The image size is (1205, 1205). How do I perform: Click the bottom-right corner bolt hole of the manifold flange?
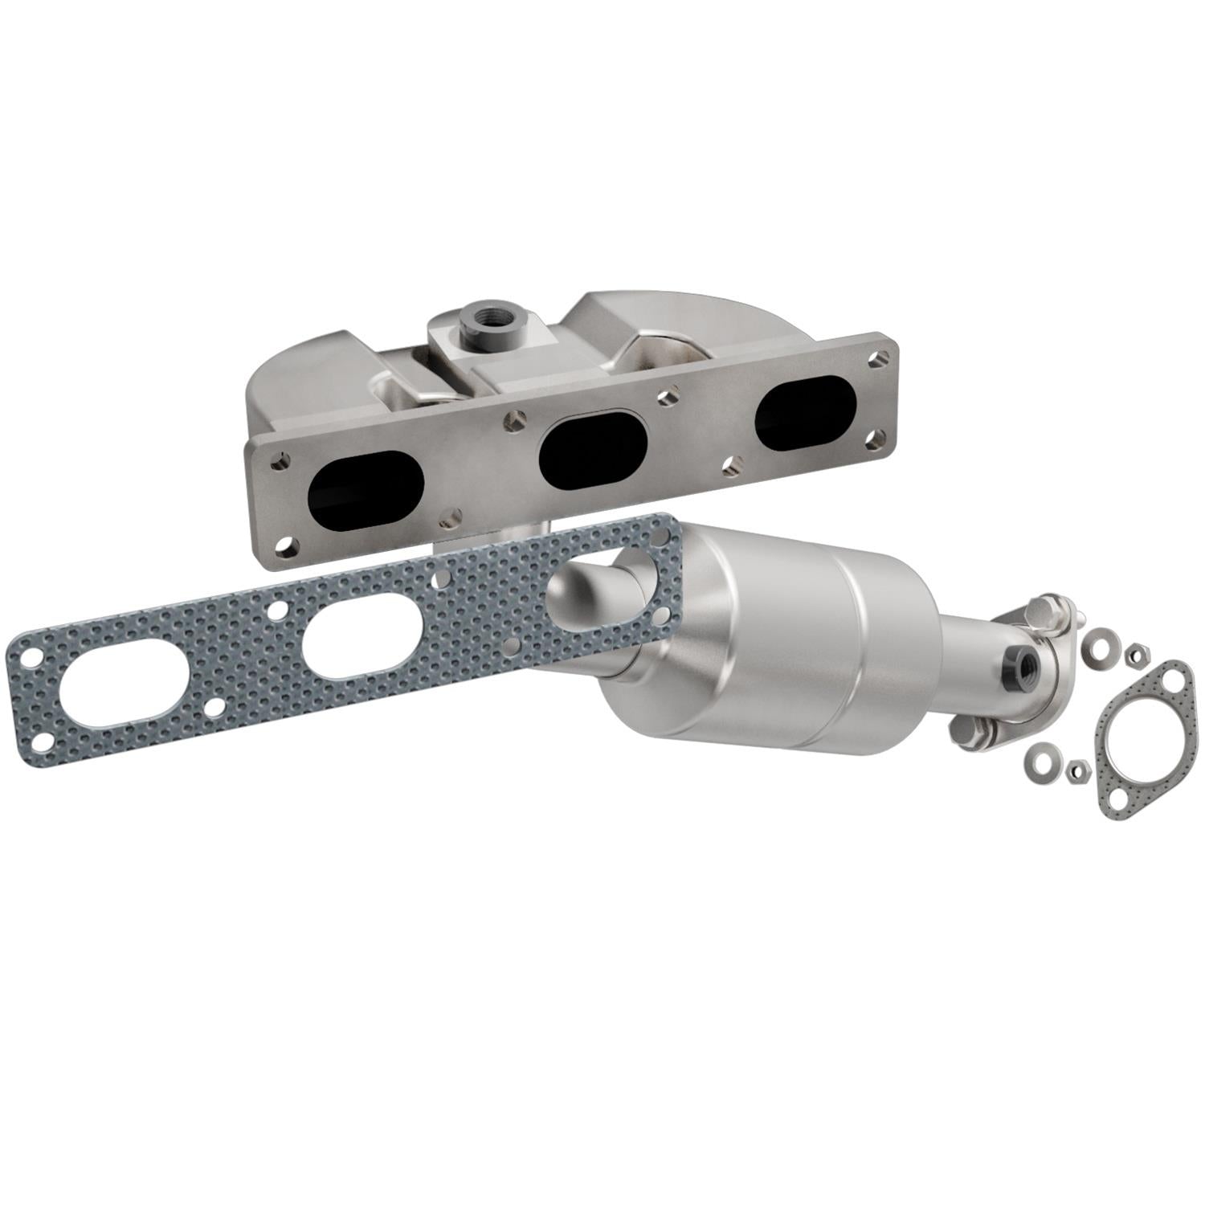[x=878, y=439]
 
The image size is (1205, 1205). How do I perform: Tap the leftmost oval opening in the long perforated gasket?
[x=110, y=696]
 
